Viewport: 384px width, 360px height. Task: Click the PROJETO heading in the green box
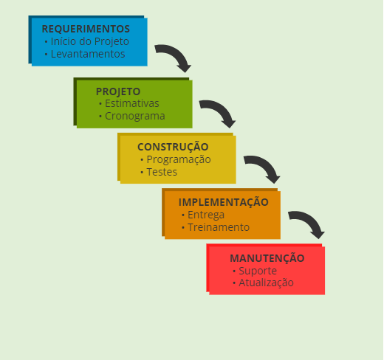[x=118, y=91]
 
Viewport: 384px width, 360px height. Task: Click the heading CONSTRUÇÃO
[x=173, y=147]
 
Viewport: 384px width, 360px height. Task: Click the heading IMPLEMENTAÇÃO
[x=224, y=202]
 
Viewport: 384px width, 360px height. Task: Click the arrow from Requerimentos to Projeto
[x=174, y=57]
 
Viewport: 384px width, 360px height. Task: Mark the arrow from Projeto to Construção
[x=219, y=112]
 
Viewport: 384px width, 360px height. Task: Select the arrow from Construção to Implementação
[x=263, y=167]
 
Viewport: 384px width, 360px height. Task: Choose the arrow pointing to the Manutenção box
[x=307, y=223]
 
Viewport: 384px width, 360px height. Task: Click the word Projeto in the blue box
[x=112, y=41]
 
